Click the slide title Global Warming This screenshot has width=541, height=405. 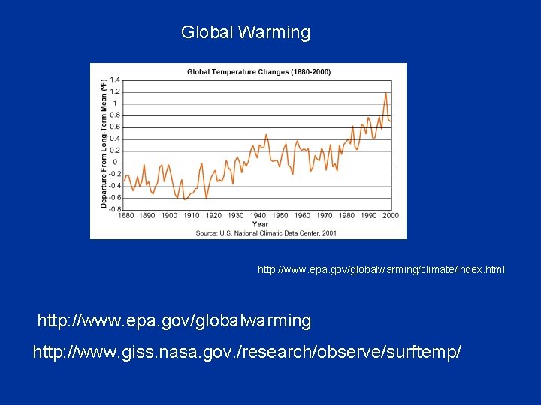[x=245, y=33]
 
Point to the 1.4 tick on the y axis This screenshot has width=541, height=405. [x=114, y=79]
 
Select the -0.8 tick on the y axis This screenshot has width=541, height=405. [x=113, y=209]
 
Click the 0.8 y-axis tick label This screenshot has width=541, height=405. [x=114, y=115]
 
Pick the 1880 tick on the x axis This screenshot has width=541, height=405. [x=125, y=216]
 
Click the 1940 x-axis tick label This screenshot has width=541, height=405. [x=258, y=216]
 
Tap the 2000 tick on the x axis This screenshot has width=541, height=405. [x=391, y=216]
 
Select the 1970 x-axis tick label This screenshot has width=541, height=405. [x=324, y=216]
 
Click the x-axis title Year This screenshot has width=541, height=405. [x=260, y=224]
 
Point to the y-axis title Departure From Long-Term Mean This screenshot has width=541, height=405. [x=104, y=144]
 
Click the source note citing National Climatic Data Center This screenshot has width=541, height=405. [x=266, y=233]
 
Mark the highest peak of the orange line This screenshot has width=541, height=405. [x=385, y=94]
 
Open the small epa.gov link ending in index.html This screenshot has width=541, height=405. [x=381, y=268]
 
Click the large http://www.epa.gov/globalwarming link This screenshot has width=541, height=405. [x=174, y=321]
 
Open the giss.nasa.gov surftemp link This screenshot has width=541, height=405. [x=246, y=351]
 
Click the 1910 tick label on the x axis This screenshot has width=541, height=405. [x=192, y=216]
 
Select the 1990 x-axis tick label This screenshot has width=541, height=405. [x=368, y=216]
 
